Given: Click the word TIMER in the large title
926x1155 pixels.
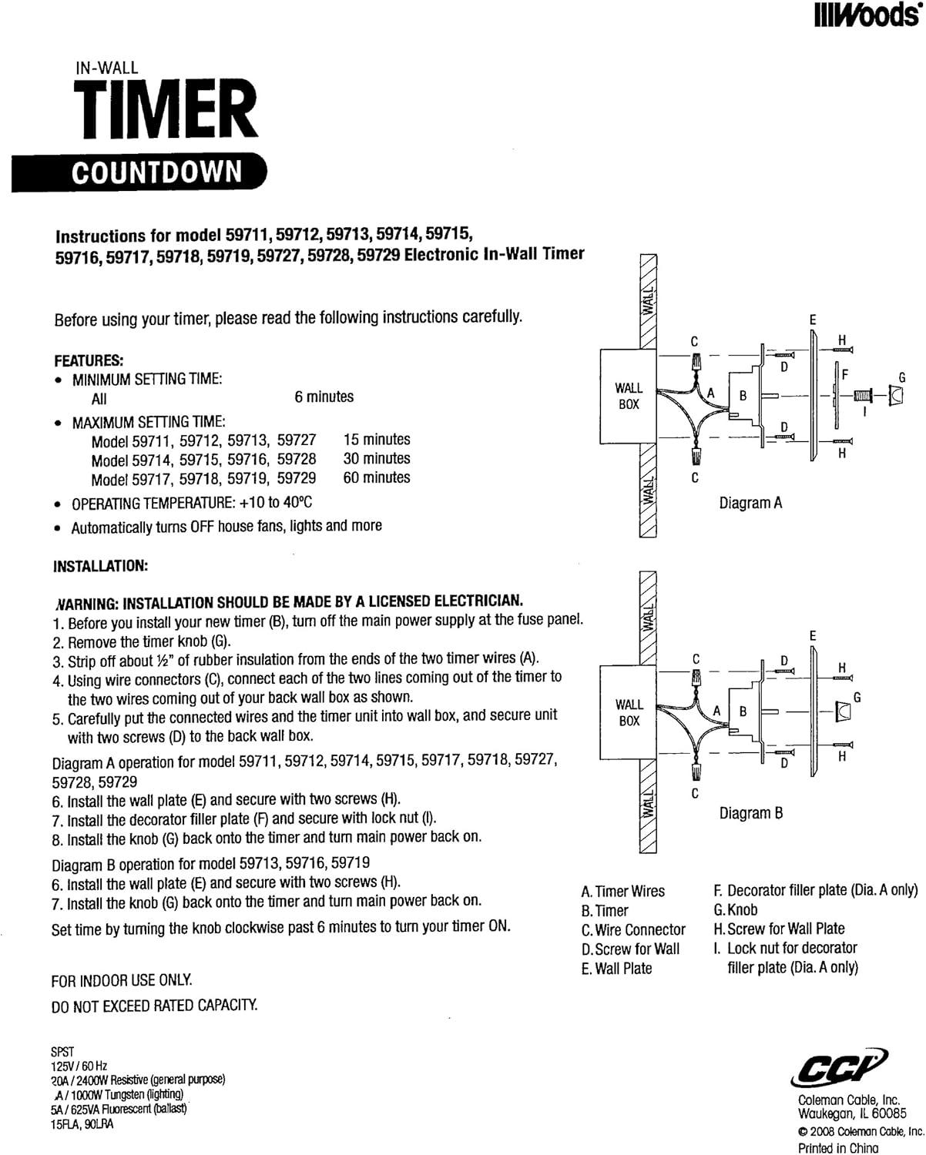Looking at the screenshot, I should tap(164, 113).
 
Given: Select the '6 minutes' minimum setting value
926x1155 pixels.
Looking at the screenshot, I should tap(324, 397).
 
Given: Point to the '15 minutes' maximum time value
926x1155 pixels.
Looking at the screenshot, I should tap(377, 440).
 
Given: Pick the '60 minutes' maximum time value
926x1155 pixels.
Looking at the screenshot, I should tap(377, 477).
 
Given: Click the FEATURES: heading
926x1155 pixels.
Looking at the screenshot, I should tap(89, 360).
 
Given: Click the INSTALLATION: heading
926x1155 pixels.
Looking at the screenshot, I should tap(100, 566).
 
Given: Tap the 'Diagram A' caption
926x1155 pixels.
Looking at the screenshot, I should tap(750, 503).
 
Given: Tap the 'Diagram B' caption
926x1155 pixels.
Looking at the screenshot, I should tap(751, 813).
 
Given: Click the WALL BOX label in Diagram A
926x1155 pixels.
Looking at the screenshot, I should tap(629, 396).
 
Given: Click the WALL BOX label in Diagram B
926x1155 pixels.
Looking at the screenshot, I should tap(629, 712).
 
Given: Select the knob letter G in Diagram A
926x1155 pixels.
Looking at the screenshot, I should tap(902, 377).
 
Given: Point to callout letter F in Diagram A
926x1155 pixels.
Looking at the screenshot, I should tap(844, 374).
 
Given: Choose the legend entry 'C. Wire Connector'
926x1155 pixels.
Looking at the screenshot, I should tap(633, 929).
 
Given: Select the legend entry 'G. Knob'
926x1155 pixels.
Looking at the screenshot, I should tap(736, 909).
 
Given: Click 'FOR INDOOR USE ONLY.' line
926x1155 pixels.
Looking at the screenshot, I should tap(122, 981).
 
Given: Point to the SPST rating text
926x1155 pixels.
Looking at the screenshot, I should tap(63, 1050).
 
